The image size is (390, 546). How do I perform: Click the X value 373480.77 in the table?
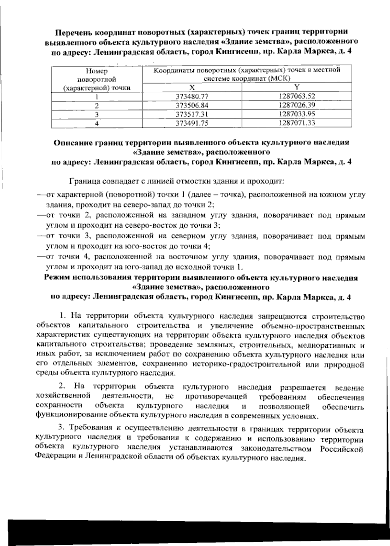click(x=191, y=96)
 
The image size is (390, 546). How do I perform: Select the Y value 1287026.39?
click(x=297, y=105)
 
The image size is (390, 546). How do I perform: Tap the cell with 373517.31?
click(x=191, y=114)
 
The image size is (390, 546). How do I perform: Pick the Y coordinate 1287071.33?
click(x=297, y=123)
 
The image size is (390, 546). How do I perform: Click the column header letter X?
click(x=192, y=87)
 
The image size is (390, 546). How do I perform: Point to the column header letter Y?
click(x=296, y=87)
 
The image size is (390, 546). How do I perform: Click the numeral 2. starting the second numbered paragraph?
click(x=62, y=387)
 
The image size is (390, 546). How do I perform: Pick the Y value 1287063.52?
click(x=297, y=96)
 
